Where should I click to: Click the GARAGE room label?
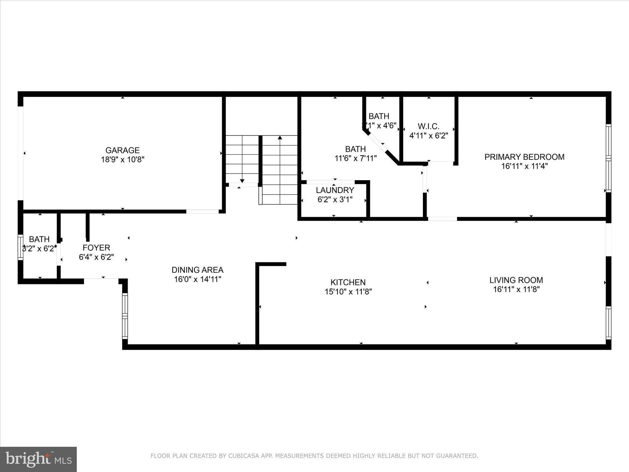point(123,150)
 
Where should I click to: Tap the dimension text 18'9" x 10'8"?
point(123,159)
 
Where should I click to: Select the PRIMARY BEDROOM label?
point(524,157)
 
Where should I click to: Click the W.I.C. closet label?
point(428,126)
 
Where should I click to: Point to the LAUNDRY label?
point(335,190)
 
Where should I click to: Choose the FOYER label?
point(96,248)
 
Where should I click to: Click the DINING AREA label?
point(197,270)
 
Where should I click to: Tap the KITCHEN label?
point(348,282)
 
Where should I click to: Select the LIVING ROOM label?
point(516,280)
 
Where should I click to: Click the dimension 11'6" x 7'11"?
point(355,158)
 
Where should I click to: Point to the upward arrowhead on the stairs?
point(280,137)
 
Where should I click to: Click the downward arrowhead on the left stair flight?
point(242,181)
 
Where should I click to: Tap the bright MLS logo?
point(38,459)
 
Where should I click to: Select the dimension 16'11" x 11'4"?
point(524,166)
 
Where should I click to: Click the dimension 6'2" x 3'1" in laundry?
point(335,199)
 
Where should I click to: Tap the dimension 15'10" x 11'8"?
point(348,292)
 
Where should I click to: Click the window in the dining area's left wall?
point(125,316)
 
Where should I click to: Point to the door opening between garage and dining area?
point(202,211)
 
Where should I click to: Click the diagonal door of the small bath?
point(377,142)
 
